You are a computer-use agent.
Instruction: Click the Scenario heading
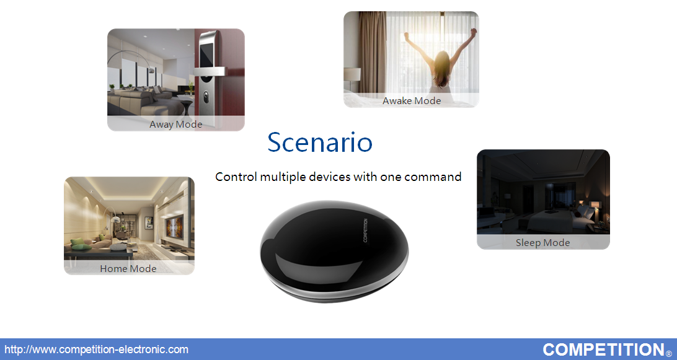coord(319,143)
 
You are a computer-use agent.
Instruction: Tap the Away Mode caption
coord(175,125)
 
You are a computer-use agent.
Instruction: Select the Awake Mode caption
coord(412,100)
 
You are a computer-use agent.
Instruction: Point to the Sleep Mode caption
coord(542,243)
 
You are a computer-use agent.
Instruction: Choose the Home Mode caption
coord(128,268)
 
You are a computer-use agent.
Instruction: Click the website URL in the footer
coord(96,349)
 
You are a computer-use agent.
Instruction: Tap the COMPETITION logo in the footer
coord(603,349)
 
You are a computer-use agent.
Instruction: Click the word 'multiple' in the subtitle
coord(283,177)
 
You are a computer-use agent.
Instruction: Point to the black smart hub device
coord(334,251)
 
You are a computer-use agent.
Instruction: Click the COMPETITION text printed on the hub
coord(365,230)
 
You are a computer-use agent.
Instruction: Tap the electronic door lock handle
coord(211,69)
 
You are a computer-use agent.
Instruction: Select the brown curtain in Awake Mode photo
coord(372,52)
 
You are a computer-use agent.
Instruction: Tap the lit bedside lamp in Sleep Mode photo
coord(595,204)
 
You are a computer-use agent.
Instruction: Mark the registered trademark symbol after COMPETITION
coord(669,354)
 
